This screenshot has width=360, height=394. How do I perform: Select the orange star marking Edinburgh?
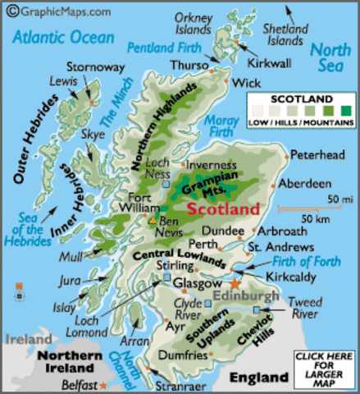(x=236, y=282)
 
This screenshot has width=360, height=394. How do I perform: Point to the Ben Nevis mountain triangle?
(x=152, y=220)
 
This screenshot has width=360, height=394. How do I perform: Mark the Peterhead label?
(x=317, y=153)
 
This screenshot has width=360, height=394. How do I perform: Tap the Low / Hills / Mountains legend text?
(x=303, y=122)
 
